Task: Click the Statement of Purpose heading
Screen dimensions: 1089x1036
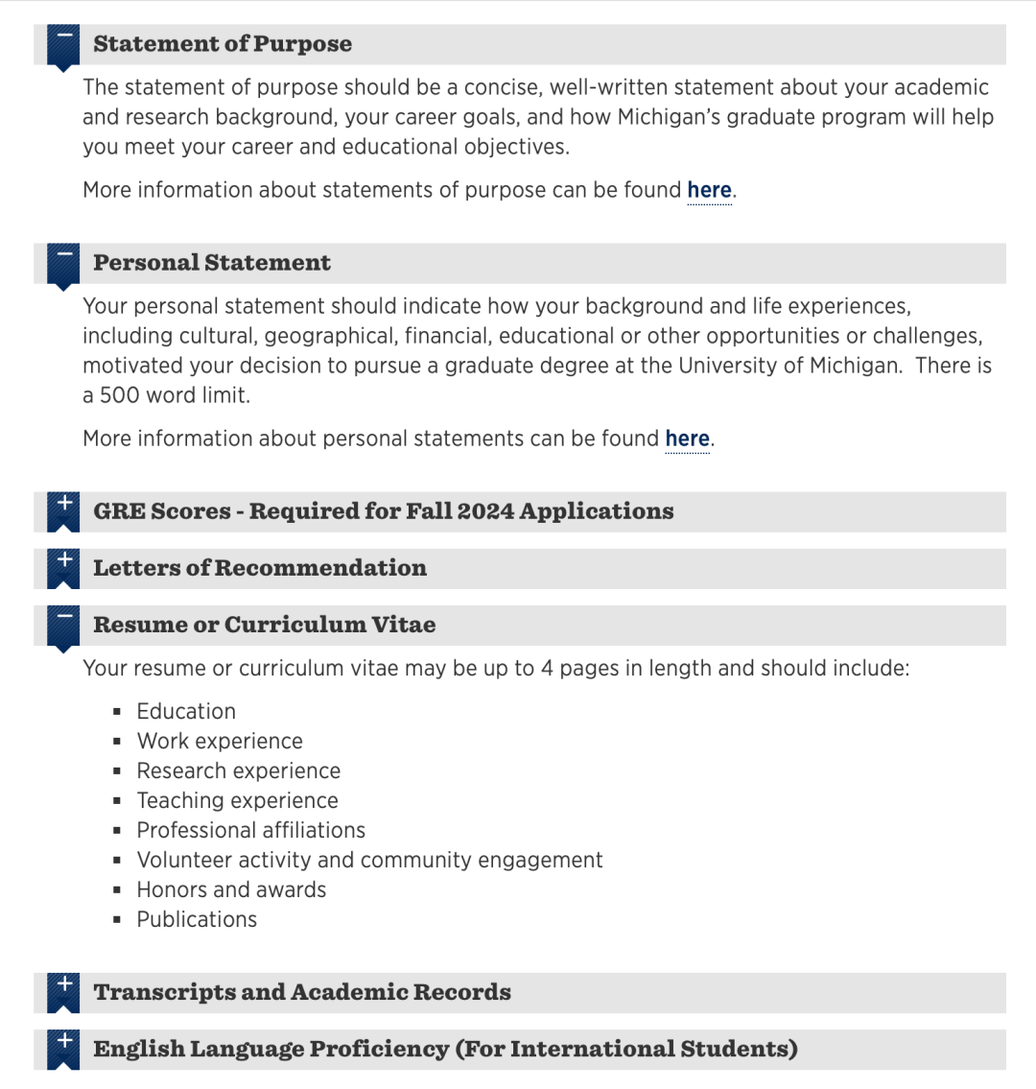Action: point(223,44)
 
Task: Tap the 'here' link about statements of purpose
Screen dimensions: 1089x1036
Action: point(709,190)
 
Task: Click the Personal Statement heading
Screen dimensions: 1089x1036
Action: point(212,263)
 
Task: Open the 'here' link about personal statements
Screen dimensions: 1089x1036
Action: point(687,438)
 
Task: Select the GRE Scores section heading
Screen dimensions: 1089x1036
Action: point(384,511)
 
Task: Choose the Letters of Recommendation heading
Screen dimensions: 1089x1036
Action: point(260,568)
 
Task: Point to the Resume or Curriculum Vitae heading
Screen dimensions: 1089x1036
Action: point(265,625)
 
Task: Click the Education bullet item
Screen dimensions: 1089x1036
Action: point(186,712)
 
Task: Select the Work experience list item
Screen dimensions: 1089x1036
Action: point(220,742)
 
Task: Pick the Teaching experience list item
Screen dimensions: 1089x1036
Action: point(237,801)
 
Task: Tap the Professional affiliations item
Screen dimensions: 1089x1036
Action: point(251,831)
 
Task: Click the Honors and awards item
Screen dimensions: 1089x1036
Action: point(231,890)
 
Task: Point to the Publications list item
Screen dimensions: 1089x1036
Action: point(197,920)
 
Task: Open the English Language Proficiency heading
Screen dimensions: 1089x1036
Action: point(445,1049)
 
